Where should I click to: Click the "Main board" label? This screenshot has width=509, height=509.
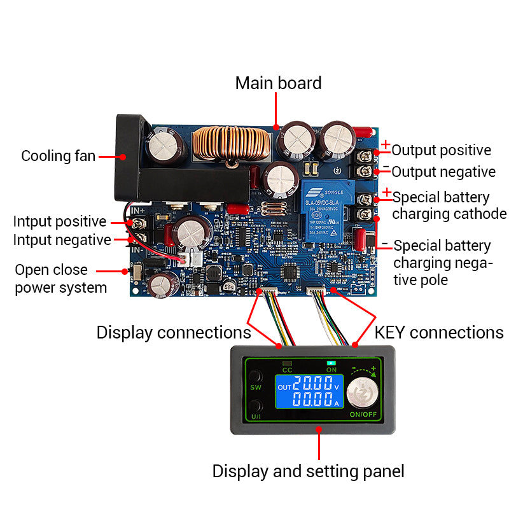278,83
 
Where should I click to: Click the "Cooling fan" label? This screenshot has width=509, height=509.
58,156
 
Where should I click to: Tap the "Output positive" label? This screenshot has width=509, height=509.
441,151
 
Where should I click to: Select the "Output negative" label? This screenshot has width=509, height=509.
443,172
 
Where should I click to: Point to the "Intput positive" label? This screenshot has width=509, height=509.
60,221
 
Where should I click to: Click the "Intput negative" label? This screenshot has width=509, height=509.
62,240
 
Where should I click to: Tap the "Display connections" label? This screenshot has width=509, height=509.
173,333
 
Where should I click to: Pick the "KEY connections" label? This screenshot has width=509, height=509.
439,333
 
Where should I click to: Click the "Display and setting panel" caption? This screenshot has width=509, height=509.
308,471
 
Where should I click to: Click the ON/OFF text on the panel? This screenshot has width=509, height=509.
364,415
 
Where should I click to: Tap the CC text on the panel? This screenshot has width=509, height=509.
287,370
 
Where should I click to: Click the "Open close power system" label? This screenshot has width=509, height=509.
60,279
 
